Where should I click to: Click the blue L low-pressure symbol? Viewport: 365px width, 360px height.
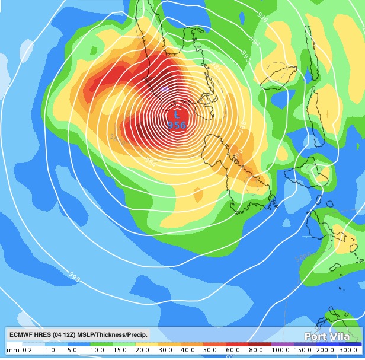177,114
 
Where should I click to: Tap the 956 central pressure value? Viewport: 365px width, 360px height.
177,125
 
